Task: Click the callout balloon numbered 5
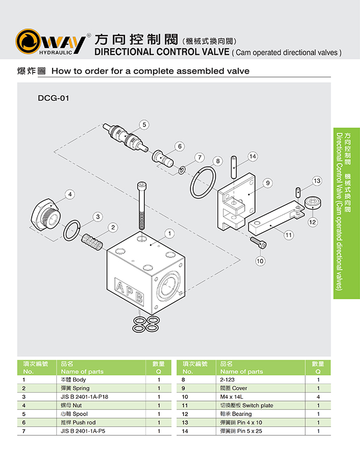145,125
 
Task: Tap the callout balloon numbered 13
317,181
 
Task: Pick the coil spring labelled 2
92,241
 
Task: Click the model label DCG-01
53,98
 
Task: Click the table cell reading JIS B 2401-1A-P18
85,397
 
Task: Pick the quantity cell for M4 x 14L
318,397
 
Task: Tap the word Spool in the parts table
81,414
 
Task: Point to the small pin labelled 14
235,166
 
